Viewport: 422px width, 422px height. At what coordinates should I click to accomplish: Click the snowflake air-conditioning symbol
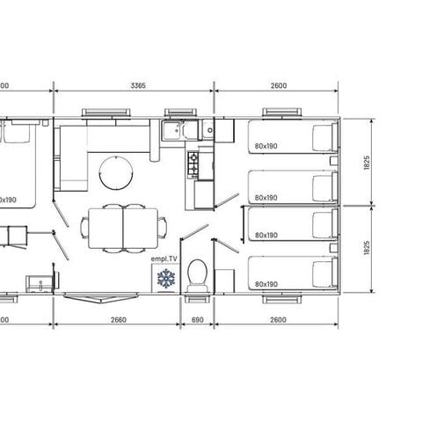coord(164,280)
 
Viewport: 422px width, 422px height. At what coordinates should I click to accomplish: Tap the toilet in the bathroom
coord(199,274)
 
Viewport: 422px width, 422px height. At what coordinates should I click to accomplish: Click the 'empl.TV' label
coord(164,260)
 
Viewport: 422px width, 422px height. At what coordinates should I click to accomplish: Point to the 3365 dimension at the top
coord(137,86)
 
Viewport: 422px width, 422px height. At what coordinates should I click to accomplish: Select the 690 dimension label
coord(197,319)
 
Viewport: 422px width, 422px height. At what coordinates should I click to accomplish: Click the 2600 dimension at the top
coord(275,86)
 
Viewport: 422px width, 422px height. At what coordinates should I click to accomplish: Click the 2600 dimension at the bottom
coord(275,319)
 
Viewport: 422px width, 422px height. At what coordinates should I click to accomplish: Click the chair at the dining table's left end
coord(84,226)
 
